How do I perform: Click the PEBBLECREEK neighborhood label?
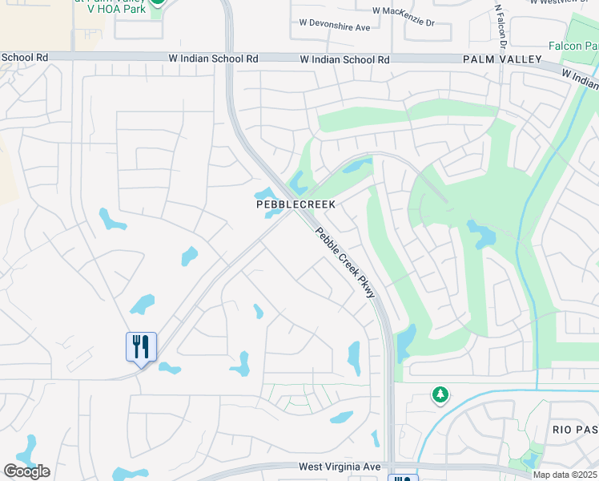click(x=295, y=205)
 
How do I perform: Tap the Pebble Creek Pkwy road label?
click(x=346, y=264)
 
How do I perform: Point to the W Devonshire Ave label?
click(x=334, y=27)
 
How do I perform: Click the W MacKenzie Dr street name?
click(x=403, y=11)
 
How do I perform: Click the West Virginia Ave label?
click(x=340, y=467)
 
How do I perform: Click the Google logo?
click(x=26, y=471)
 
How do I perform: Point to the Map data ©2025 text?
click(x=564, y=475)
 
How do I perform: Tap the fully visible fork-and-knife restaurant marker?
click(x=141, y=348)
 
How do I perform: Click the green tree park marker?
click(x=440, y=394)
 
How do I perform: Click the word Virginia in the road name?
click(x=343, y=467)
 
